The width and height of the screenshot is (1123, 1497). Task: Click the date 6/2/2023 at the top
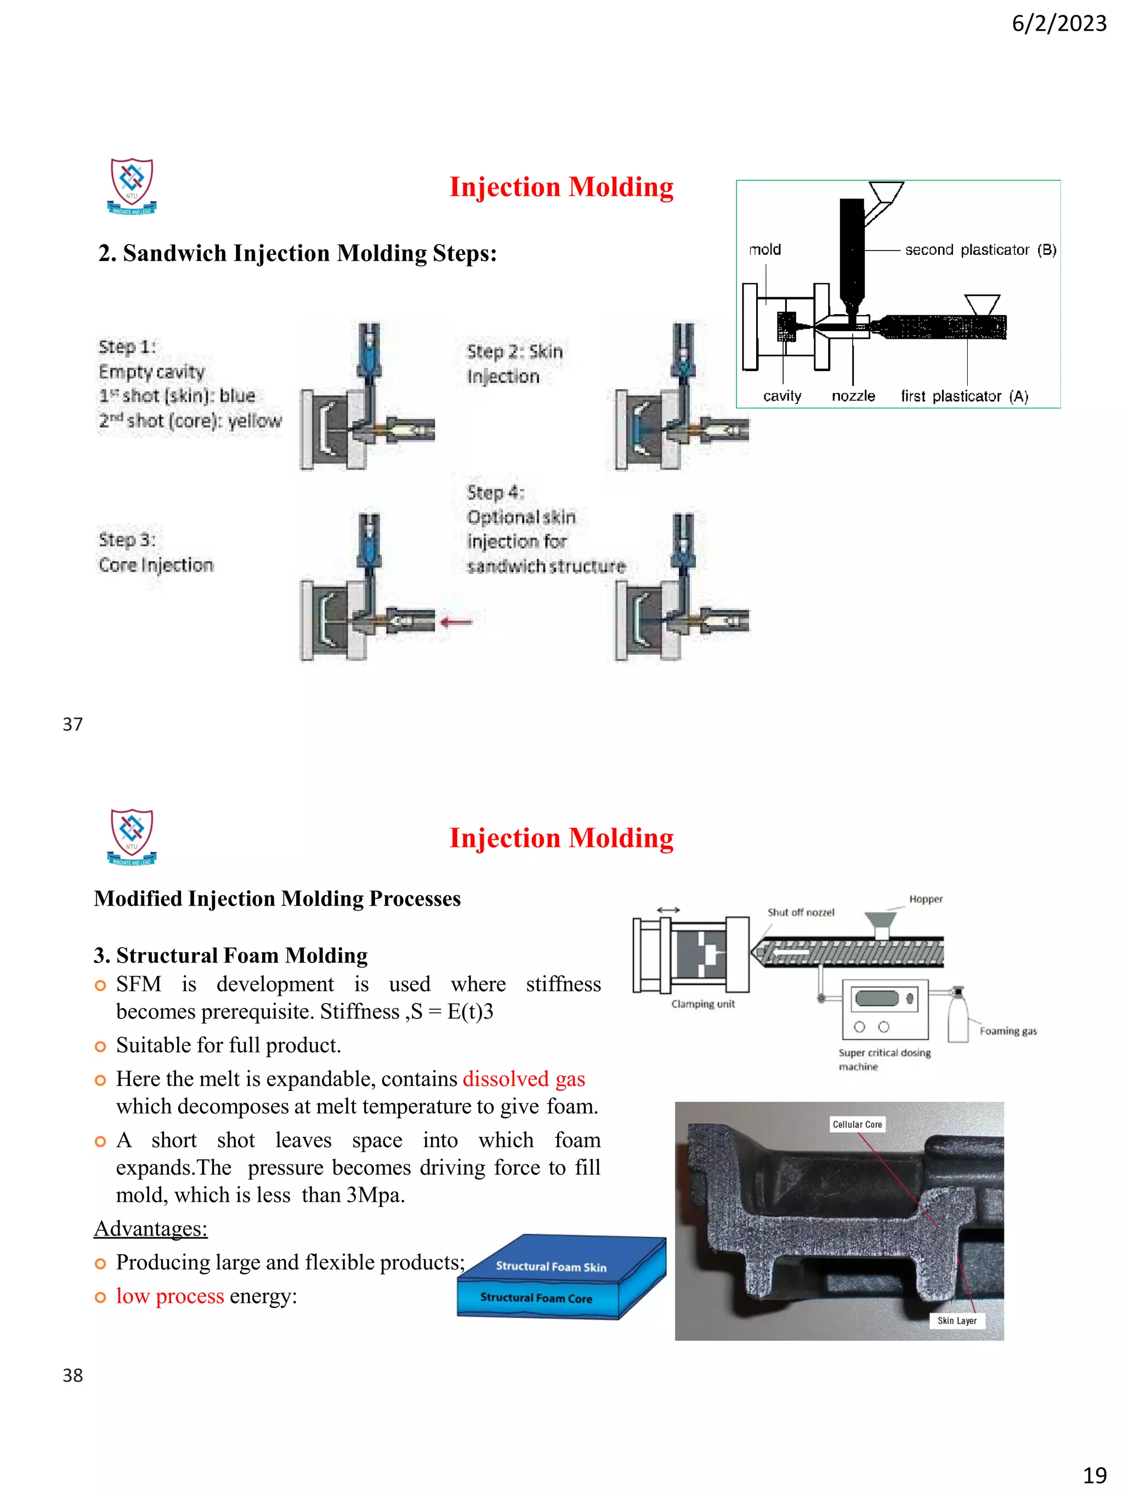click(x=1059, y=24)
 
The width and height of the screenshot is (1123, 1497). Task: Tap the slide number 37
click(x=72, y=724)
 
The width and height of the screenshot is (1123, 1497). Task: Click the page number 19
click(x=1094, y=1475)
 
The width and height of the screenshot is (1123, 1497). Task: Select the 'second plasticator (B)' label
click(x=980, y=250)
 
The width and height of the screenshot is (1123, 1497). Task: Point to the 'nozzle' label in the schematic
click(x=853, y=396)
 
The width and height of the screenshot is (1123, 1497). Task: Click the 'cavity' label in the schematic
click(x=782, y=396)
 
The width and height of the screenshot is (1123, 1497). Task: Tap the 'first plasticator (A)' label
click(x=964, y=396)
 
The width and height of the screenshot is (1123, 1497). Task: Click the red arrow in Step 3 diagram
click(x=456, y=621)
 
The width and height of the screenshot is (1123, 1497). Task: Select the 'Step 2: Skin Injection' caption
click(x=514, y=364)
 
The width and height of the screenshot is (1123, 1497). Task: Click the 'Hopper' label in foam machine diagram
click(x=926, y=899)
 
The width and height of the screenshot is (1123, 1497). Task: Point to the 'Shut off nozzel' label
click(x=801, y=912)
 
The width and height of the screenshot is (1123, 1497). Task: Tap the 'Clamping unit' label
click(x=702, y=1004)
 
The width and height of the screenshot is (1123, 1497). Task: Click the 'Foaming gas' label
click(x=1008, y=1031)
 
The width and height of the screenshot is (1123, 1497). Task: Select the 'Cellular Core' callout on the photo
click(x=857, y=1124)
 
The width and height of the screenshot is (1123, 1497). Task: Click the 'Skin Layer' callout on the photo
click(x=956, y=1320)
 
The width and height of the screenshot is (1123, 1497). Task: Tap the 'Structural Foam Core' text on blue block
click(x=535, y=1297)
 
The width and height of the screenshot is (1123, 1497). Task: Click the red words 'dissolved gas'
click(x=523, y=1079)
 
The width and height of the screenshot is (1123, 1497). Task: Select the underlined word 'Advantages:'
click(x=150, y=1228)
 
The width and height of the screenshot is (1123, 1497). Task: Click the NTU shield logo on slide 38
click(x=132, y=836)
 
